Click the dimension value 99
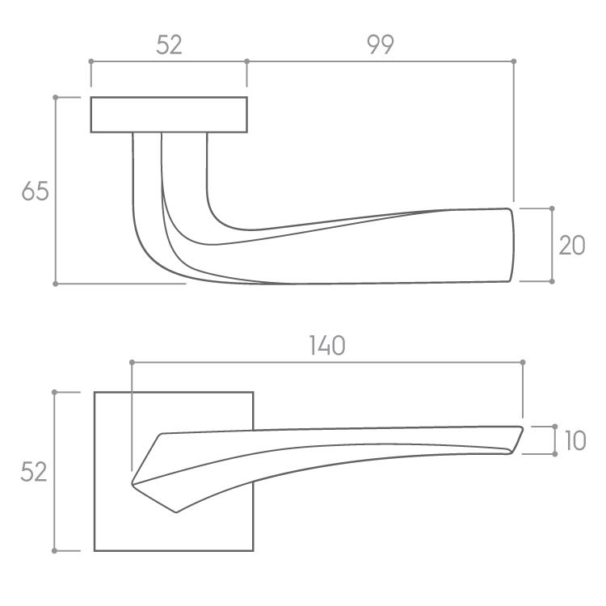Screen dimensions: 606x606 [x=381, y=44]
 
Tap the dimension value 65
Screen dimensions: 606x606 [x=36, y=191]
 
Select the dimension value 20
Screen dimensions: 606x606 [x=572, y=246]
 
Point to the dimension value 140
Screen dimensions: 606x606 [x=327, y=346]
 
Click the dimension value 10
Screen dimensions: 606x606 [x=575, y=440]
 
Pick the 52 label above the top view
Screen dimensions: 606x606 [x=169, y=44]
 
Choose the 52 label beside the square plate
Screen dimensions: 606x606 [x=34, y=472]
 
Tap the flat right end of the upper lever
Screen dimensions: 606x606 [x=512, y=245]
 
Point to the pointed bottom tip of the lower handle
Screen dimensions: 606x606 [x=176, y=513]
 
